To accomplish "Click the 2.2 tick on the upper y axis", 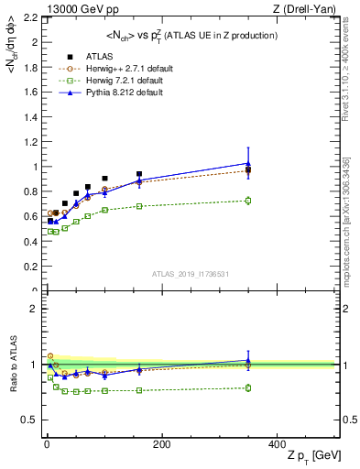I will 31,17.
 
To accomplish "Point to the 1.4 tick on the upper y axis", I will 31,116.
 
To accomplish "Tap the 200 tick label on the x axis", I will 161,444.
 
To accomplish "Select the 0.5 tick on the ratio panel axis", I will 31,420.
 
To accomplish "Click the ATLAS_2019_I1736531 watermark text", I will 191,274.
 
